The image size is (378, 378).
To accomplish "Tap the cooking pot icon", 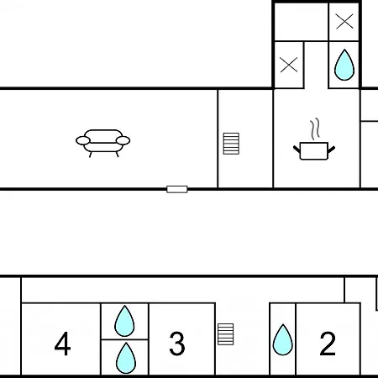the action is point(314,151).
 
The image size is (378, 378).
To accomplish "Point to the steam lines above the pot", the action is point(315,129).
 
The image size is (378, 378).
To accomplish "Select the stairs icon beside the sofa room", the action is point(231,144).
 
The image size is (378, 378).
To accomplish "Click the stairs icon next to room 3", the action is point(226,334).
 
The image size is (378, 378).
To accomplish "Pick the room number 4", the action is point(62,344).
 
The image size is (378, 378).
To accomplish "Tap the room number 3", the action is point(177,344).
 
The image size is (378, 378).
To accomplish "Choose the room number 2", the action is point(328,344).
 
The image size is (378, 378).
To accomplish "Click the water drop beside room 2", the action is point(283,339).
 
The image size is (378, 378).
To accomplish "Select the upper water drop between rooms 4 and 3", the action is point(124,321).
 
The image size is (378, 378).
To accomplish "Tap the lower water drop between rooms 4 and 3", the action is point(126,358).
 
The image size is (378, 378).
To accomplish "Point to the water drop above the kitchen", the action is point(344,65).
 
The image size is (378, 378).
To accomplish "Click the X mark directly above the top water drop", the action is point(344,22).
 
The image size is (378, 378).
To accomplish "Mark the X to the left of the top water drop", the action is point(289,65).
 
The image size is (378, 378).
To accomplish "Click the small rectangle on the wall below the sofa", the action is point(177,189).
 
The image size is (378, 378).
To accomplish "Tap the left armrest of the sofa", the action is point(83,140).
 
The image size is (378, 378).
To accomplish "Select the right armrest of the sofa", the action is point(123,140).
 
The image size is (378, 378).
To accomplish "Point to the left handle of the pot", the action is point(297,150).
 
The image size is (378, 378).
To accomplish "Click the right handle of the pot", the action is point(331,150).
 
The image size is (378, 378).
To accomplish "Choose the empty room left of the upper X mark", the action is point(302,22).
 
